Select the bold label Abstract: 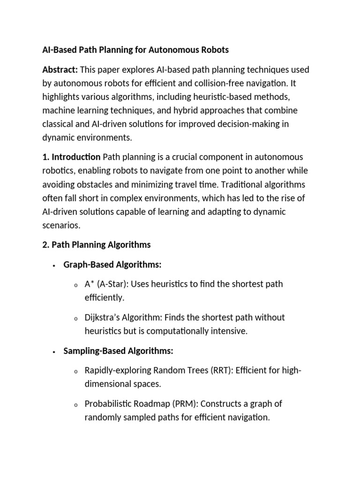pos(60,70)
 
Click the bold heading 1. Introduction pos(71,157)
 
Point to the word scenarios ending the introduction pos(61,225)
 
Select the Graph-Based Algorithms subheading pos(113,265)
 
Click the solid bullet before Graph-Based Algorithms pos(55,265)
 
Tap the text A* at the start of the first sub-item pos(90,284)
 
